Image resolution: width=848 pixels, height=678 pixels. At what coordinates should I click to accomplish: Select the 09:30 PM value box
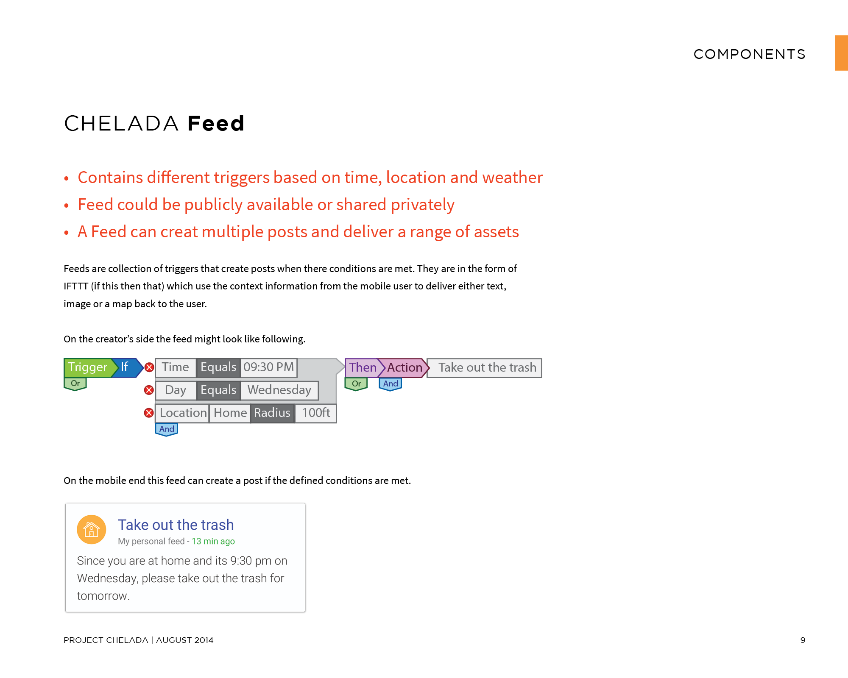click(x=269, y=367)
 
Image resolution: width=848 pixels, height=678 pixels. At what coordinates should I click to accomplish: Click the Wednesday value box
click(x=279, y=390)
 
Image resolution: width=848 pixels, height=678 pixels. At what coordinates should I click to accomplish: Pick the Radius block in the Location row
click(x=272, y=413)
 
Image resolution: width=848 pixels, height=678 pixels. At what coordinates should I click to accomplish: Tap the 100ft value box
click(x=316, y=413)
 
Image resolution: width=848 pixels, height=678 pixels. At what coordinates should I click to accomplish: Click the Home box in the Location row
click(x=230, y=413)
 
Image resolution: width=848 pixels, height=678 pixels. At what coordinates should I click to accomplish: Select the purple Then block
click(x=363, y=368)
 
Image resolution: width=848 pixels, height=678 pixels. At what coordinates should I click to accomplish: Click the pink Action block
click(x=404, y=368)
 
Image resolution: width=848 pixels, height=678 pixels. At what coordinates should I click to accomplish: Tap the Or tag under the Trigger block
click(x=75, y=384)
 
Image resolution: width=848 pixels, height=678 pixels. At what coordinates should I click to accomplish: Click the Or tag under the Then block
click(x=356, y=384)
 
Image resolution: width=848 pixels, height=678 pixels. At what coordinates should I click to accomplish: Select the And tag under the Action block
click(x=391, y=384)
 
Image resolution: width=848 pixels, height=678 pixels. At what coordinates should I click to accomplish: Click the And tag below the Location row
click(x=167, y=429)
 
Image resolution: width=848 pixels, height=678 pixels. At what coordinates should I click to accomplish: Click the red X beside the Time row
click(x=149, y=367)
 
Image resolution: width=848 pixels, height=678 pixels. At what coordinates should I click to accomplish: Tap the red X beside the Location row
click(x=149, y=413)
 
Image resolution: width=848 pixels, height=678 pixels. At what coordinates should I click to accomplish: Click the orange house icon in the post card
click(x=92, y=530)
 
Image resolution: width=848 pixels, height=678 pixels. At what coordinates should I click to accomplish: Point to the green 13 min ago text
click(x=213, y=542)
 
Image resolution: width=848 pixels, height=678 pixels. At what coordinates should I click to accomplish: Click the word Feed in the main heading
click(x=216, y=124)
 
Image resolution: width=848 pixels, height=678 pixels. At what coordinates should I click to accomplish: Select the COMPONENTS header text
click(x=750, y=54)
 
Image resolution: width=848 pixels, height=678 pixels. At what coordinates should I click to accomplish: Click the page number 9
click(x=803, y=640)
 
